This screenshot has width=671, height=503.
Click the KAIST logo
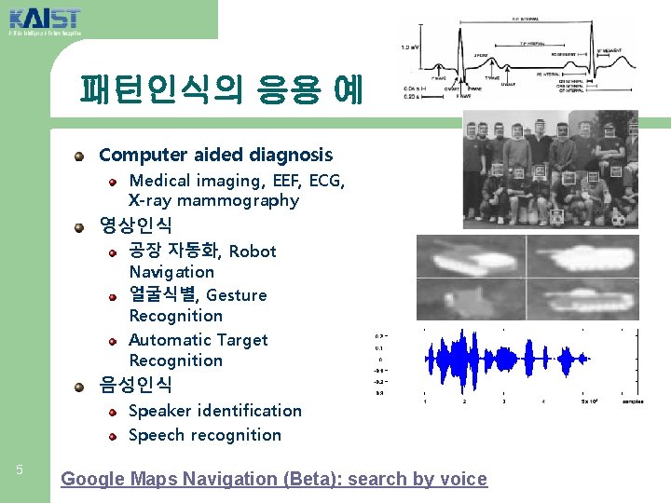pyautogui.click(x=44, y=20)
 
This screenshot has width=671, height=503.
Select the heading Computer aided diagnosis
pyautogui.click(x=215, y=155)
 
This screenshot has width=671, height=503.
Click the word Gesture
pyautogui.click(x=237, y=295)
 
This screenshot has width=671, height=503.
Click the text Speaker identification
pyautogui.click(x=215, y=411)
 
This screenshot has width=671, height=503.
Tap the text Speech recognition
pyautogui.click(x=205, y=435)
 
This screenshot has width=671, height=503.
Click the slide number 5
pyautogui.click(x=20, y=469)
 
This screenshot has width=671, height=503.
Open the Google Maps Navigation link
pyautogui.click(x=273, y=479)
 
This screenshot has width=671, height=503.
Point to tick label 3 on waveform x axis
pyautogui.click(x=503, y=402)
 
